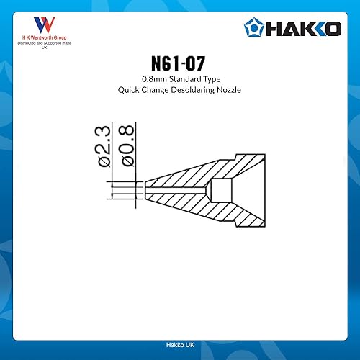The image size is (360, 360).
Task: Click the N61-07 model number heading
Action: (x=178, y=63)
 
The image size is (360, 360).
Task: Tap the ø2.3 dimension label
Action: (x=104, y=146)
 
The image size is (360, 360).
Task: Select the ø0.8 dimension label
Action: (x=127, y=145)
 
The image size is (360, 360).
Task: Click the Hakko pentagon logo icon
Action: (x=254, y=28)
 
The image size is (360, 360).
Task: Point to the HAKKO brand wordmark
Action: (x=303, y=29)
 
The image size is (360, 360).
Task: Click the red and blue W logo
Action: (x=45, y=25)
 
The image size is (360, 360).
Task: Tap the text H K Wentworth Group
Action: (x=45, y=37)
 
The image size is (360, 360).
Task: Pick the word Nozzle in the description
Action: (x=229, y=90)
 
